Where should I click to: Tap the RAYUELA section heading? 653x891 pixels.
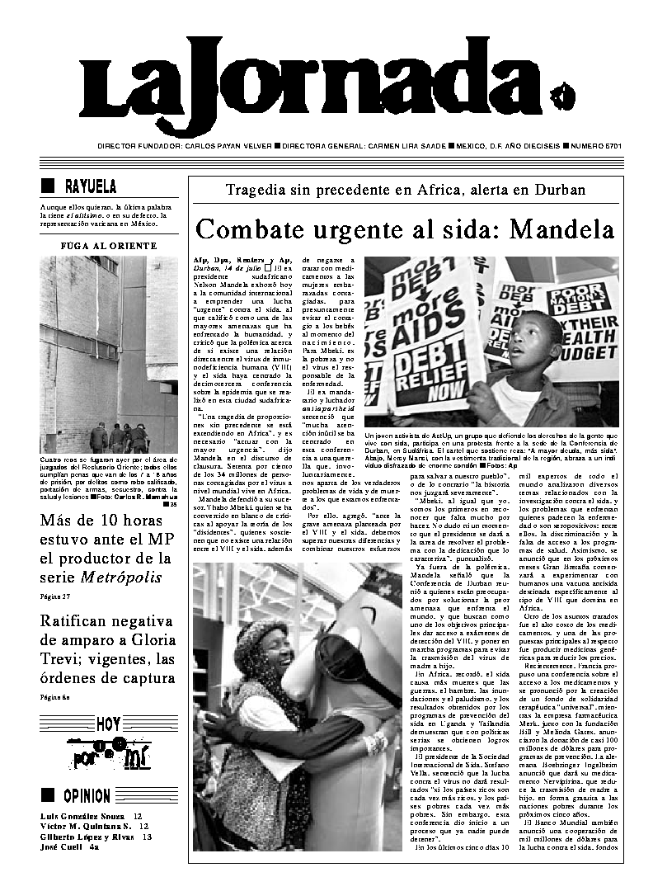[91, 186]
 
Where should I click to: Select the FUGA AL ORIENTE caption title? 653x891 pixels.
[109, 246]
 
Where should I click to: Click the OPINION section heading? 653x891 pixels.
[97, 795]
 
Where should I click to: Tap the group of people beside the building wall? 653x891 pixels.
[119, 438]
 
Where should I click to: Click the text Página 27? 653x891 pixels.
[54, 596]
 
